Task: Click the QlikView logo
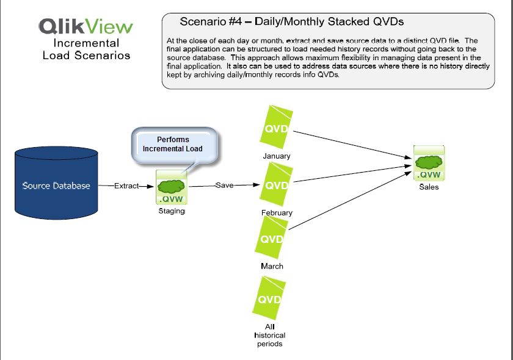pyautogui.click(x=85, y=26)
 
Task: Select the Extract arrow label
pyautogui.click(x=126, y=185)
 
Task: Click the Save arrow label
pyautogui.click(x=224, y=185)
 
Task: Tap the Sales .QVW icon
pyautogui.click(x=429, y=163)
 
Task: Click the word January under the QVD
pyautogui.click(x=277, y=156)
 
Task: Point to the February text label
pyautogui.click(x=277, y=212)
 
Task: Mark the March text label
pyautogui.click(x=272, y=267)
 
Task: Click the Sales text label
pyautogui.click(x=429, y=187)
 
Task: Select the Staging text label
pyautogui.click(x=171, y=211)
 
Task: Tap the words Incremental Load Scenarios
pyautogui.click(x=86, y=49)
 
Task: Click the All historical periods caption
pyautogui.click(x=269, y=335)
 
